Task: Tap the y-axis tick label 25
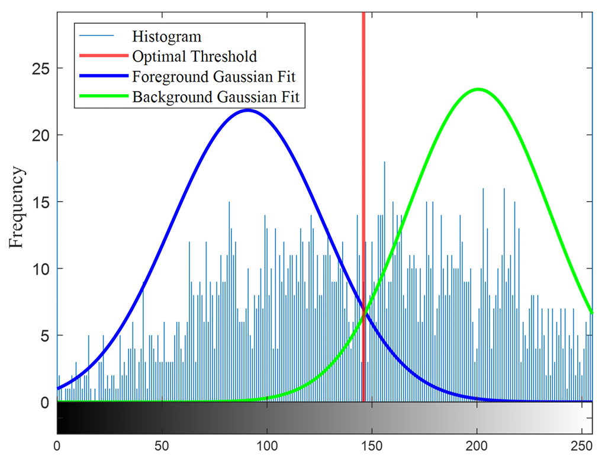click(41, 69)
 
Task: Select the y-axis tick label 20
click(41, 136)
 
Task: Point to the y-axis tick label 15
click(41, 202)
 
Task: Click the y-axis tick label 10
click(41, 269)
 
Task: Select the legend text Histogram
click(167, 37)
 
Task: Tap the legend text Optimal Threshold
click(195, 57)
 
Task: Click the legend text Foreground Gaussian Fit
click(214, 77)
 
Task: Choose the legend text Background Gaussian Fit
click(218, 97)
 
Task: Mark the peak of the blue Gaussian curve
click(248, 110)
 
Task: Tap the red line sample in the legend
click(103, 57)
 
